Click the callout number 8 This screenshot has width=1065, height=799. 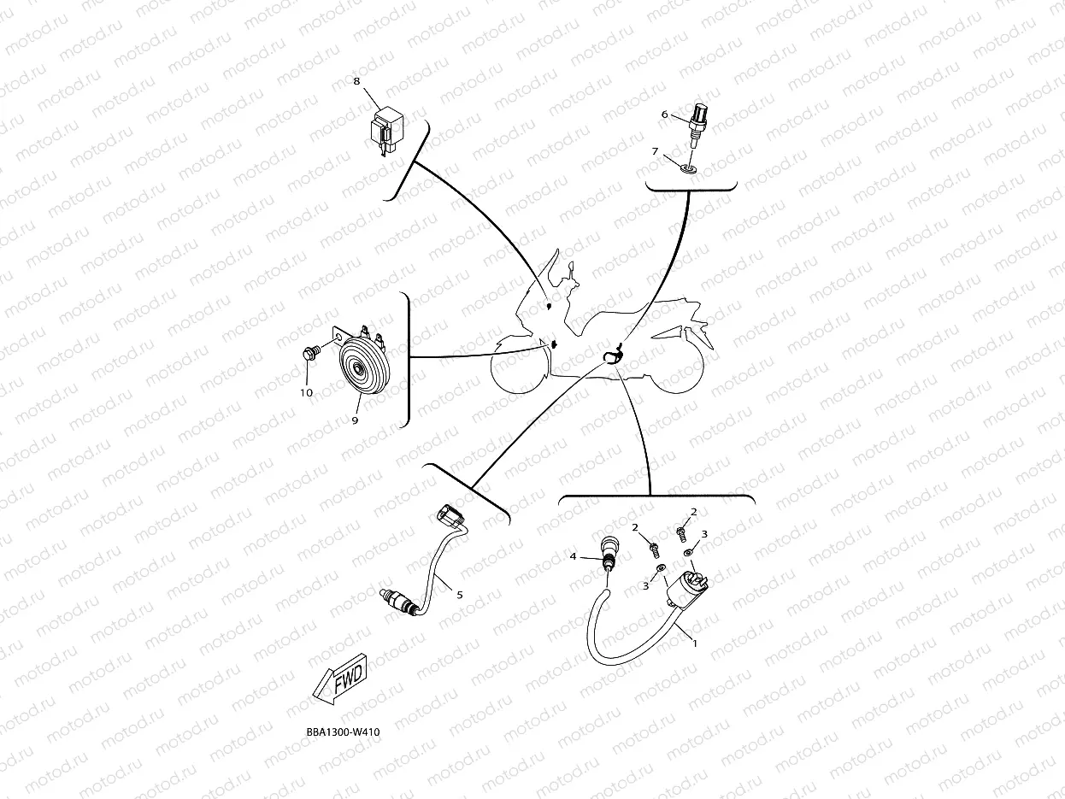(x=356, y=81)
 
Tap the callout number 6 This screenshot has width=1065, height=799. (x=663, y=114)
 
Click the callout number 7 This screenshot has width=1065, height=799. (x=655, y=151)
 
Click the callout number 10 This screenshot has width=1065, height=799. (x=306, y=392)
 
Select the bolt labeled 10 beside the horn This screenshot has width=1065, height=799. (x=311, y=350)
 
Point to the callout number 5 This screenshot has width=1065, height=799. (x=459, y=594)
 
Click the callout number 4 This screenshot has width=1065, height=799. (x=574, y=556)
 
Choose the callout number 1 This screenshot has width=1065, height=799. (x=694, y=643)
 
